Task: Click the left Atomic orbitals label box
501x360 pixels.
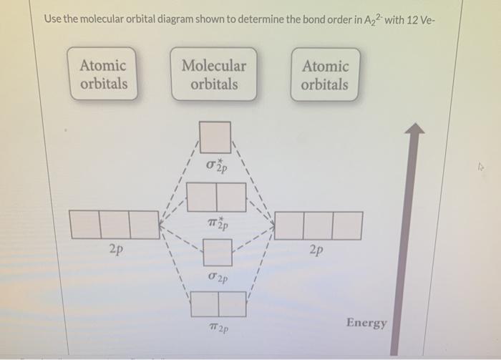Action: (x=103, y=74)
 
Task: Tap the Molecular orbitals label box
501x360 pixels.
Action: (x=213, y=74)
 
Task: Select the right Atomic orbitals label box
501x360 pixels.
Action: (x=325, y=75)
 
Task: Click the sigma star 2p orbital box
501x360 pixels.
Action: (x=215, y=137)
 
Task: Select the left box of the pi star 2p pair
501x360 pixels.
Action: (x=201, y=197)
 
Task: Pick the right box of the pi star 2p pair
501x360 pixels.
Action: (x=230, y=197)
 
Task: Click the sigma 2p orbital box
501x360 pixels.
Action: (x=218, y=252)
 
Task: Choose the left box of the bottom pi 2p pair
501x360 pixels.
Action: (x=204, y=304)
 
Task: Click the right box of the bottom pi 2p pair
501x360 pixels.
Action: (x=232, y=304)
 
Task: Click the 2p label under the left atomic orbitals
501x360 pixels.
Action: (x=115, y=251)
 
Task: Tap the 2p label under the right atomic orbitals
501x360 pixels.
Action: (x=317, y=251)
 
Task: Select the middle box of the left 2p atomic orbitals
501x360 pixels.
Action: (x=115, y=225)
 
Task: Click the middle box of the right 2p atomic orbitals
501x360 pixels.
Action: (x=318, y=225)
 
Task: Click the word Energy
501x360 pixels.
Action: (x=366, y=323)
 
